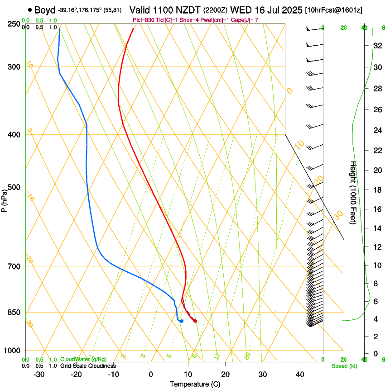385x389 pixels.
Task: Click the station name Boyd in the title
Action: (44, 10)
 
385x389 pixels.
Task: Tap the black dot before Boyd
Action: (30, 9)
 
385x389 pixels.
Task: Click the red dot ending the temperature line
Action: (195, 321)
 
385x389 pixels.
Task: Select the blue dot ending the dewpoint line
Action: (181, 321)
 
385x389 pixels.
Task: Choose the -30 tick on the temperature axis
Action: (39, 375)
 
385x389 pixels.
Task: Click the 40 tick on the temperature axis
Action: (299, 375)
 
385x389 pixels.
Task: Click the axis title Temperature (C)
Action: (195, 384)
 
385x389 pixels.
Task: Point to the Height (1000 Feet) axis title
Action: (353, 192)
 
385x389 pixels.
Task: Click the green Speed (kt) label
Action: (344, 366)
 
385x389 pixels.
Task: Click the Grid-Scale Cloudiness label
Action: (88, 366)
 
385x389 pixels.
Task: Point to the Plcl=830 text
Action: (144, 20)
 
